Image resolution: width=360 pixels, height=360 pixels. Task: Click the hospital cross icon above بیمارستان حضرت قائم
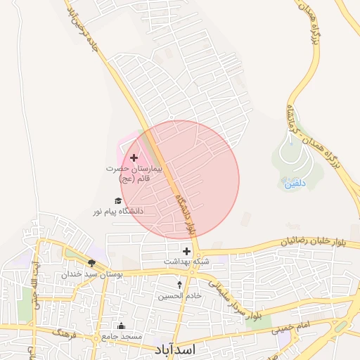click(x=134, y=158)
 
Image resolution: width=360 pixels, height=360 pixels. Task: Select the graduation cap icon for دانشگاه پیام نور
click(x=117, y=200)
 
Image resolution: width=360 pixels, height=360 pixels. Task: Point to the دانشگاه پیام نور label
click(x=117, y=211)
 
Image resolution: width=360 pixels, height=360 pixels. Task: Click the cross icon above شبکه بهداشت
click(x=186, y=251)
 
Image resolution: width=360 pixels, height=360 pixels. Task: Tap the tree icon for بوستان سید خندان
click(x=91, y=263)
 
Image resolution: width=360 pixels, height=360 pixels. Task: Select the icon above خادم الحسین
click(x=179, y=285)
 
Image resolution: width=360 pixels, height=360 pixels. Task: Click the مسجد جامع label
click(x=121, y=337)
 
